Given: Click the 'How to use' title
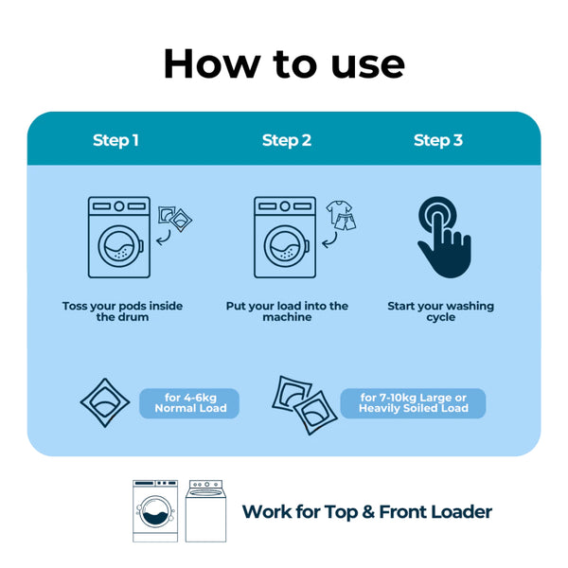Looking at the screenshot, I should point(284,62).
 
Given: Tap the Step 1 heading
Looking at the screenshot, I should point(115,140).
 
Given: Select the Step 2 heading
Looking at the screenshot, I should point(286,140).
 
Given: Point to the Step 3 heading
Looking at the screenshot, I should point(438,140).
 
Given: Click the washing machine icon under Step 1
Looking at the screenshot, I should point(118,237).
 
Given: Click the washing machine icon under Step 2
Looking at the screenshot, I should point(285,237).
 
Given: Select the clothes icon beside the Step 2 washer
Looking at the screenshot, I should point(341,217).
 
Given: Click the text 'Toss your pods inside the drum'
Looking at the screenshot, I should point(122,311).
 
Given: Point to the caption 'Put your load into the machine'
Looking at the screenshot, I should point(287,311).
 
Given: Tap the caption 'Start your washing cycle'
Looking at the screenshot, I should point(440,311).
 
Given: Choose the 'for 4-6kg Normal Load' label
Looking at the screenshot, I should point(189,403).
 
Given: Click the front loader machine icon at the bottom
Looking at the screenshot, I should point(155,510).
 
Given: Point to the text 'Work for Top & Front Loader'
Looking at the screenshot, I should point(367,512).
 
